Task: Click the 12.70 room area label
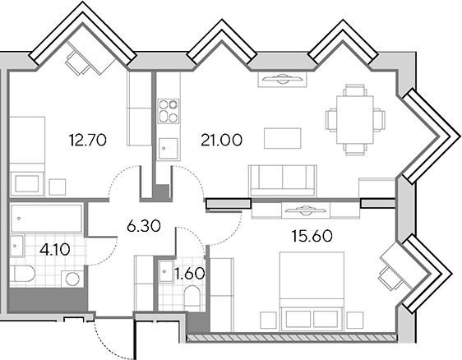[x=87, y=140]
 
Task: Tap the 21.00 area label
[x=222, y=140]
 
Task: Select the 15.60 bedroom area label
[x=312, y=236]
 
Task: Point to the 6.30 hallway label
[x=144, y=226]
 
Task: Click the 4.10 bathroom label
[x=55, y=250]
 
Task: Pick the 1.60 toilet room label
[x=189, y=274]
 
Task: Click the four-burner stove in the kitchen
[x=169, y=111]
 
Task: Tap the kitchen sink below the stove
[x=168, y=149]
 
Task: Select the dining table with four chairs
[x=355, y=120]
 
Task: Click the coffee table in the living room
[x=283, y=138]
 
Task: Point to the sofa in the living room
[x=283, y=181]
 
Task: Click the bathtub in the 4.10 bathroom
[x=46, y=219]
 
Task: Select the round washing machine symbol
[x=72, y=279]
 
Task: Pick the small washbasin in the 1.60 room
[x=165, y=272]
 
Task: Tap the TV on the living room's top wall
[x=283, y=79]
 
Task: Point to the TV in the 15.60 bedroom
[x=306, y=210]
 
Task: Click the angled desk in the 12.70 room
[x=91, y=57]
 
